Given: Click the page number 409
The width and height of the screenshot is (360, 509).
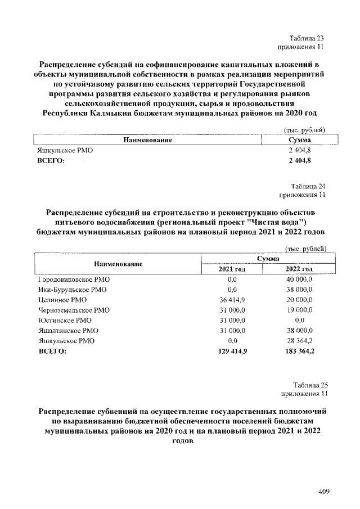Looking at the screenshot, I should click(323, 492).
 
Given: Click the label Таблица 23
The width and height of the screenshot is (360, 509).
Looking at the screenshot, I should click(307, 37).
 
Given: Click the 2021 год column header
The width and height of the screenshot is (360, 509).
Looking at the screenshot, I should click(232, 269).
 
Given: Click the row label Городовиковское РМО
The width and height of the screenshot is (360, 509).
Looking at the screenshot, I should click(74, 280).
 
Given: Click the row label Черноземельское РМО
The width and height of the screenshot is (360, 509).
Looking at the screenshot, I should click(74, 310).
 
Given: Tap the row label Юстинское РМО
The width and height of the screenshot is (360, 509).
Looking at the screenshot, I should click(64, 321).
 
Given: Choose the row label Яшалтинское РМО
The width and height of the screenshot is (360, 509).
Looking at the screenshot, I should click(68, 331).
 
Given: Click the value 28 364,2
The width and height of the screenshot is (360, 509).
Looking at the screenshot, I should click(299, 341).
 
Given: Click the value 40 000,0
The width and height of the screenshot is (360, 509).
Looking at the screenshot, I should click(299, 280).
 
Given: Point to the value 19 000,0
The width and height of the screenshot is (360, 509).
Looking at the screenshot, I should click(299, 310).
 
